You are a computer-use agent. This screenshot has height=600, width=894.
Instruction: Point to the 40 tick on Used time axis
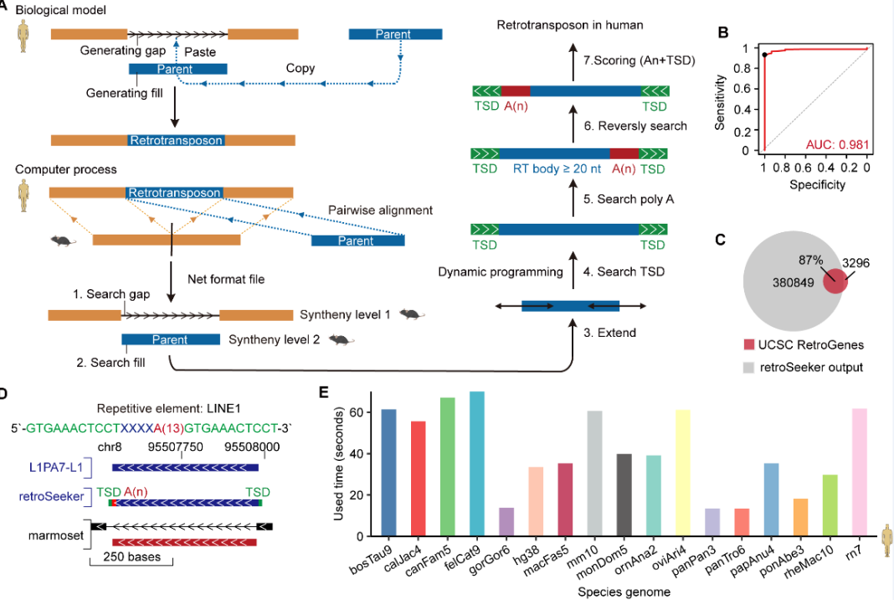coord(361,453)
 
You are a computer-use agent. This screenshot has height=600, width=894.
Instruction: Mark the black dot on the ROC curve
coord(765,55)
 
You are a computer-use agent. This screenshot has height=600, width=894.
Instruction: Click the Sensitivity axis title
coord(720,100)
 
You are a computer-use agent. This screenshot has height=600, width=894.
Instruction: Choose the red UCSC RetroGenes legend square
coord(750,344)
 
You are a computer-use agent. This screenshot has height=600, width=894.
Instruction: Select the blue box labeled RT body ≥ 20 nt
coord(554,155)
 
